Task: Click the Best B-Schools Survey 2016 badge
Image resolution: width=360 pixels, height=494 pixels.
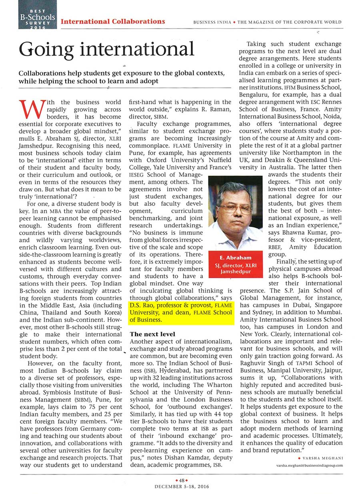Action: pos(37,15)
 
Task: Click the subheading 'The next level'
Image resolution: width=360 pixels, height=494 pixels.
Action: pos(152,334)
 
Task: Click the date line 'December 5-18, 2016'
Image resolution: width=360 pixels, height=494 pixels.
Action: pos(180,486)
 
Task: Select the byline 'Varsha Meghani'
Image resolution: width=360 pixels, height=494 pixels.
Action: pos(324,457)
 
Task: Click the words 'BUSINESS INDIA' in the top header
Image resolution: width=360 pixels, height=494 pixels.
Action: pos(212,22)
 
